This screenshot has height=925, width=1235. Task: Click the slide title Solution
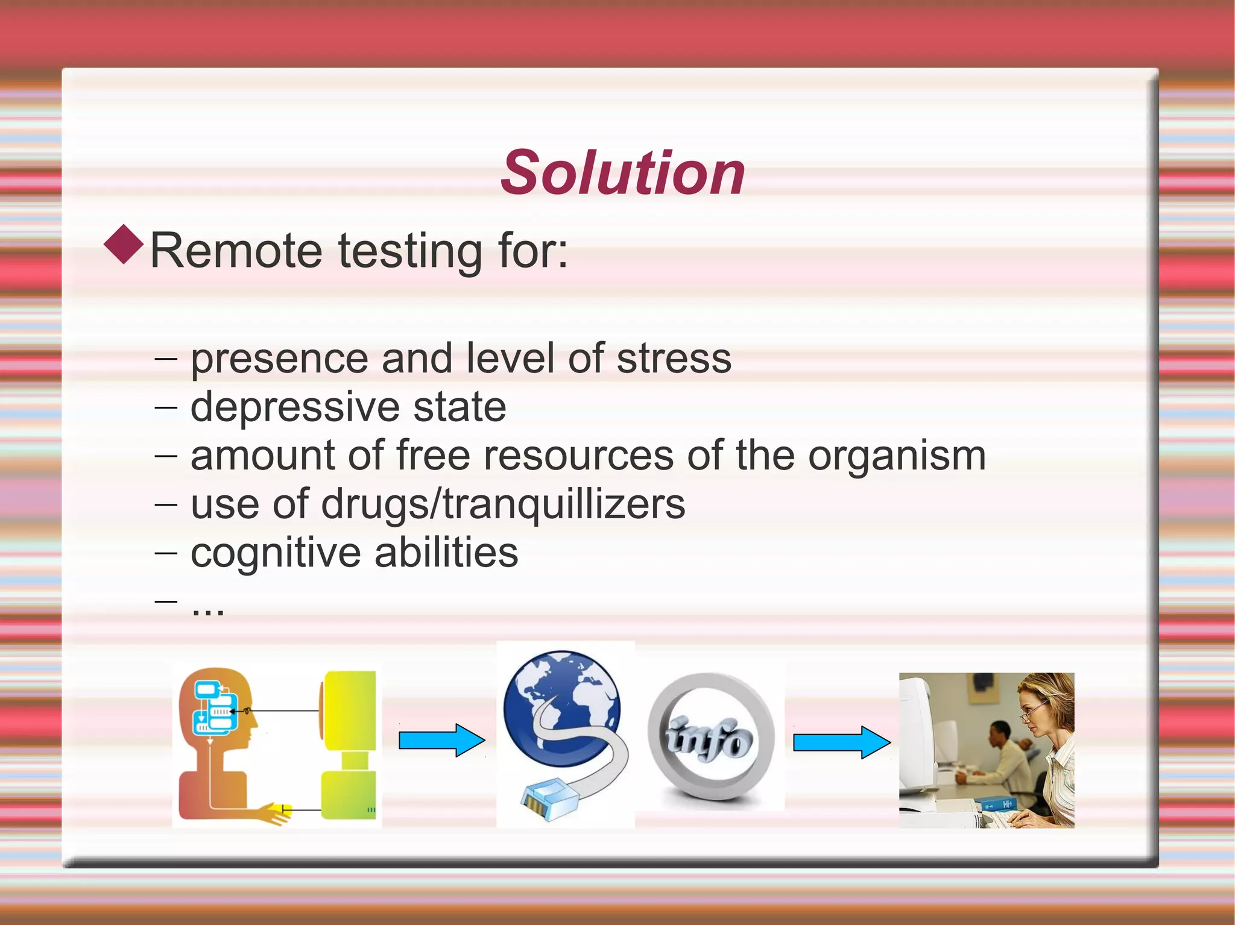(623, 173)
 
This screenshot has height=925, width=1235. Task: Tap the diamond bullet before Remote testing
(124, 244)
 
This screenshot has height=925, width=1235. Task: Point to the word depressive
(295, 407)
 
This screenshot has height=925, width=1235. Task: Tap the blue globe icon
(561, 705)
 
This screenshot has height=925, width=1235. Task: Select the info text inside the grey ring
(710, 739)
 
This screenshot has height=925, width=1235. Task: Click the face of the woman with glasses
(1036, 713)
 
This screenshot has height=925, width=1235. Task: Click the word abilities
(446, 553)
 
